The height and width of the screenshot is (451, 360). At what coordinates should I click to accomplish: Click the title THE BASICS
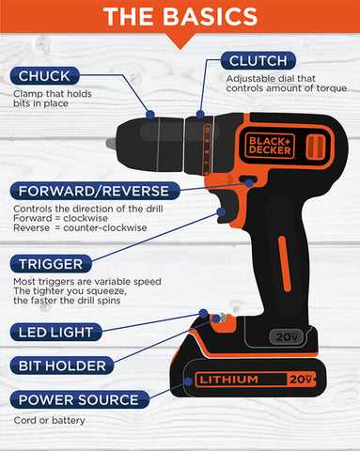(180, 16)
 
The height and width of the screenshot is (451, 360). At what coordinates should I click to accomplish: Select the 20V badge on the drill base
(286, 336)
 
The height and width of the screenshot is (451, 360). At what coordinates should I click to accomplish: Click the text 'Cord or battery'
(49, 420)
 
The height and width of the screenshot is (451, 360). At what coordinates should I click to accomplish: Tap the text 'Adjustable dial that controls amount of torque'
(286, 83)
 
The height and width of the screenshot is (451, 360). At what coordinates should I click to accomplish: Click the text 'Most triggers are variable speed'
(86, 281)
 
